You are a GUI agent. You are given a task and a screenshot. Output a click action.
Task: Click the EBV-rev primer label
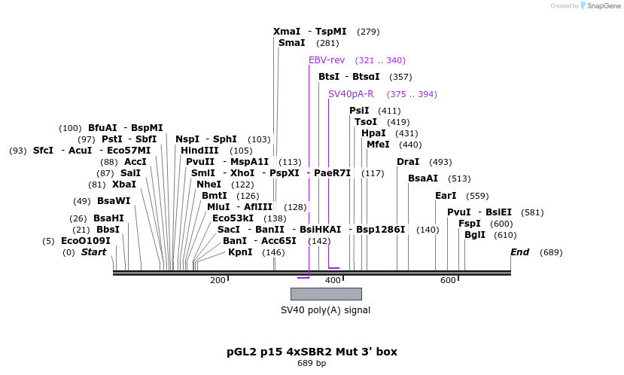pyautogui.click(x=327, y=60)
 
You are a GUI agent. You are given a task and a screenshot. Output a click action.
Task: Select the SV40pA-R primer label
pyautogui.click(x=351, y=94)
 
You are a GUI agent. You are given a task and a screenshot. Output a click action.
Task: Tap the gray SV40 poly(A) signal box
pyautogui.click(x=326, y=294)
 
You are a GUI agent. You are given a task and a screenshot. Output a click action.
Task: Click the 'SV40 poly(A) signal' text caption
pyautogui.click(x=325, y=309)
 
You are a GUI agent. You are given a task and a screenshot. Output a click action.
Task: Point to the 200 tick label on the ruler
pyautogui.click(x=218, y=280)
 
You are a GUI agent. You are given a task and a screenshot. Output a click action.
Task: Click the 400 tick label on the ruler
pyautogui.click(x=333, y=280)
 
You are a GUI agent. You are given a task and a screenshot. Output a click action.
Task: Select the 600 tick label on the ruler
pyautogui.click(x=448, y=280)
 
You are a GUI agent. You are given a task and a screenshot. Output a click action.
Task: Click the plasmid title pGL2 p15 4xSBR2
pyautogui.click(x=312, y=352)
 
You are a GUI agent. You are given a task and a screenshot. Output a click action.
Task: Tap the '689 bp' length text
pyautogui.click(x=312, y=364)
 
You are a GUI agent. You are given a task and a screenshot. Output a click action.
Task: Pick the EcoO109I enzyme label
pyautogui.click(x=86, y=241)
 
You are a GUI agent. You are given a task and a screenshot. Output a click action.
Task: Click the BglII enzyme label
pyautogui.click(x=475, y=235)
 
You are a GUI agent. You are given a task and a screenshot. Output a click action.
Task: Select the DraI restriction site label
pyautogui.click(x=408, y=162)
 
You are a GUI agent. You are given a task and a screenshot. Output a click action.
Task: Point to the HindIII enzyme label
pyautogui.click(x=199, y=151)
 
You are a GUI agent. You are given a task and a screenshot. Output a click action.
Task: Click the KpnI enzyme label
pyautogui.click(x=240, y=252)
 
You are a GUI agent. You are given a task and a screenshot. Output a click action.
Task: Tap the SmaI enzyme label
pyautogui.click(x=291, y=43)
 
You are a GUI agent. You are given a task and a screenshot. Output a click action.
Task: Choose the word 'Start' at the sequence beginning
pyautogui.click(x=93, y=252)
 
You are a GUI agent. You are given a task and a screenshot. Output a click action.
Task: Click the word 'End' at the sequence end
pyautogui.click(x=520, y=252)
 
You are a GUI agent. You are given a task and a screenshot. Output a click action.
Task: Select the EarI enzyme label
pyautogui.click(x=446, y=196)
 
